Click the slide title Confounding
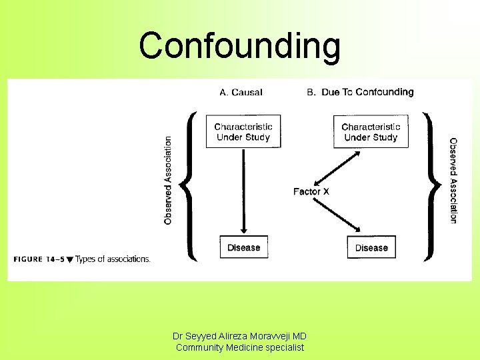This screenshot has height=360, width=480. pos(240,46)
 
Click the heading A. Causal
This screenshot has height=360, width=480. pos(241,92)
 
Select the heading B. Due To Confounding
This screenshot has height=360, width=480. pos(360,92)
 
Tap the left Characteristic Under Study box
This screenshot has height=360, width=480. pos(243,132)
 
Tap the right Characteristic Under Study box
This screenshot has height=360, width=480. pos(371,132)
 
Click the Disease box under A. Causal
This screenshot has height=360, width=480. pos(243,247)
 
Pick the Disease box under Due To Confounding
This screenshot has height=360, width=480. pos(371,247)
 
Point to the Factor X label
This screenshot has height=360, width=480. pos(311,191)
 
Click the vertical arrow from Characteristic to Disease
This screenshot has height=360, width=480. pos(243,193)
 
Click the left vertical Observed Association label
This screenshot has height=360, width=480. pos(168,180)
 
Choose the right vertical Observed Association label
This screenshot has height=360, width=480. pos(453,180)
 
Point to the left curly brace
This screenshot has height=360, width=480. pos(190,185)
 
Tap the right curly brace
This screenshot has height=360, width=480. pos(432,185)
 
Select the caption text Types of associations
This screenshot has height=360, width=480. pos(113,259)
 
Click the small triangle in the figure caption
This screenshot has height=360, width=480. pos(70,260)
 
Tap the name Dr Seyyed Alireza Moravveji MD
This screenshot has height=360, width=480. pos(239,337)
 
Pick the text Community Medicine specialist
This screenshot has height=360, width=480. pos(239,347)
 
